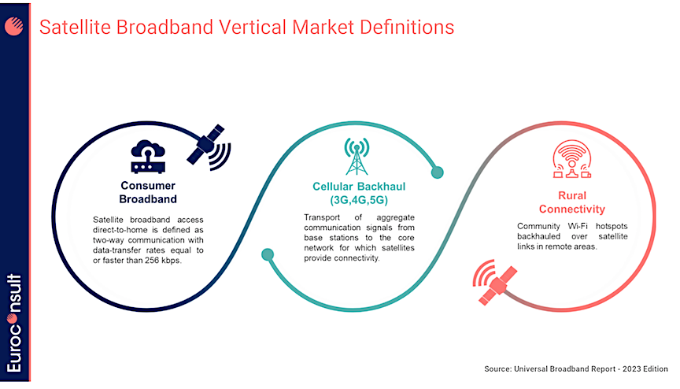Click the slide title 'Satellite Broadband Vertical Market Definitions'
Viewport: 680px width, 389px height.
[247, 28]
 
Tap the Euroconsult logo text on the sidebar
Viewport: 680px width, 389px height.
[14, 323]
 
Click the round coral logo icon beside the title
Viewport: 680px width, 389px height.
[14, 27]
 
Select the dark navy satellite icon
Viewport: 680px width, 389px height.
[209, 147]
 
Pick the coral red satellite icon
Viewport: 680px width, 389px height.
[495, 282]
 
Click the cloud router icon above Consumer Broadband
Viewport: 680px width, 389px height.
[148, 157]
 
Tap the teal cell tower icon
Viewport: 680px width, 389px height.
[357, 156]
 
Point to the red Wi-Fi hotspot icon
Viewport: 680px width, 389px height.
[572, 159]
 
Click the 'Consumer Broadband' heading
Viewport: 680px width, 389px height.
[148, 192]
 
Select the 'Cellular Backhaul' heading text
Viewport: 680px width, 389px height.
[359, 187]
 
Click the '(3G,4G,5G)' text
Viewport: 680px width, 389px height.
[359, 200]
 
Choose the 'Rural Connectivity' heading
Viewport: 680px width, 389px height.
[572, 202]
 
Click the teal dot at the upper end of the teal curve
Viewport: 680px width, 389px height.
[437, 172]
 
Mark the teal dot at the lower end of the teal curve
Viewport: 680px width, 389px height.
[268, 254]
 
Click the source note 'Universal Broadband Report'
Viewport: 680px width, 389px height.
[564, 369]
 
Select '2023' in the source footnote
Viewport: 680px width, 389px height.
[632, 369]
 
